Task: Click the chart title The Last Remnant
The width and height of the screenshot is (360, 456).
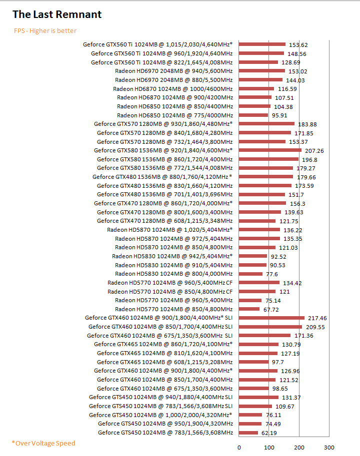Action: tap(57, 14)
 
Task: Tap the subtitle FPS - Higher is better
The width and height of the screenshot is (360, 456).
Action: tap(45, 31)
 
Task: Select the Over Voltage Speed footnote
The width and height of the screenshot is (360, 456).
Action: tap(43, 443)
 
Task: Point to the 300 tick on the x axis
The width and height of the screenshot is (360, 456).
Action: tap(329, 447)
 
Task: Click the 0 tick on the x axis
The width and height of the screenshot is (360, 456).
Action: tap(239, 447)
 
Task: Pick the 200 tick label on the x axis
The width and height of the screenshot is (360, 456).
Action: tap(299, 447)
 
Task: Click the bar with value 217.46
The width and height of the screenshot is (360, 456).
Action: tap(271, 318)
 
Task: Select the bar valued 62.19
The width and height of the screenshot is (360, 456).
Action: tap(248, 433)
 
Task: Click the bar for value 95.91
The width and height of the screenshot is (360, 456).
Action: tap(253, 115)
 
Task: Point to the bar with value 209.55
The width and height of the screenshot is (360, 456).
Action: tap(270, 327)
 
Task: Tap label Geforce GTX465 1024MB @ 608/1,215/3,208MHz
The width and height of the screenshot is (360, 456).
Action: tap(164, 362)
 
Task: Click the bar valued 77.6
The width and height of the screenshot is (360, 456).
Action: tap(250, 274)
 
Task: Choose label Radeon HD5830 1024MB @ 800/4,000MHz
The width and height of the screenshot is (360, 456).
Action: tap(173, 274)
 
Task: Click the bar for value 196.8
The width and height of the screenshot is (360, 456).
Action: tap(268, 159)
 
